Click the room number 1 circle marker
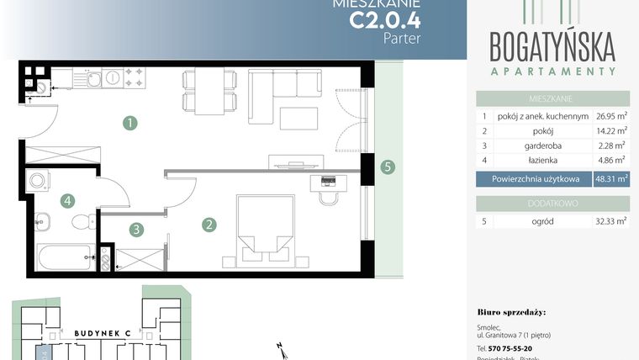[129, 124]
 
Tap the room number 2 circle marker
[209, 225]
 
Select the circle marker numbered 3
[135, 228]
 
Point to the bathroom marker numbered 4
[66, 201]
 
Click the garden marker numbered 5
[387, 167]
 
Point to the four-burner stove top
[135, 78]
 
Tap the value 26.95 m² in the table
[611, 117]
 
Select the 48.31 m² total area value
[611, 179]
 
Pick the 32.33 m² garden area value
[611, 221]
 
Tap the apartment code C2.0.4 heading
[385, 19]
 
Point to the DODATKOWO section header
[552, 203]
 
